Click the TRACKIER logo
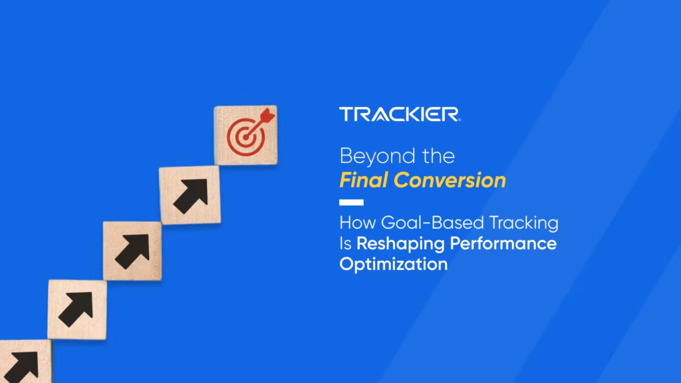(398, 114)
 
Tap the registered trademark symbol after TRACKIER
(458, 119)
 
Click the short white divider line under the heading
(351, 202)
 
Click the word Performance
(503, 243)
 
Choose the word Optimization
(393, 263)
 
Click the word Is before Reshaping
(345, 243)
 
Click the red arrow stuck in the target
(265, 118)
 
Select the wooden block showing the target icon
(245, 135)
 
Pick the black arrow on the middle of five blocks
(132, 251)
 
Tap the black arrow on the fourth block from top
(76, 309)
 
